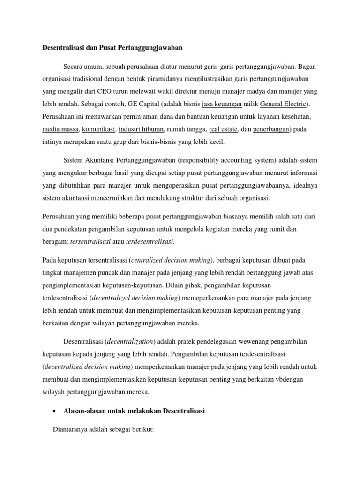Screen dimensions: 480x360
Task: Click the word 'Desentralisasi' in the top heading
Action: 66,48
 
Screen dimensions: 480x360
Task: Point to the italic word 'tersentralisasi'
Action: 90,241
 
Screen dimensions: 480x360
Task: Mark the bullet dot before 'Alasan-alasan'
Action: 55,411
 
